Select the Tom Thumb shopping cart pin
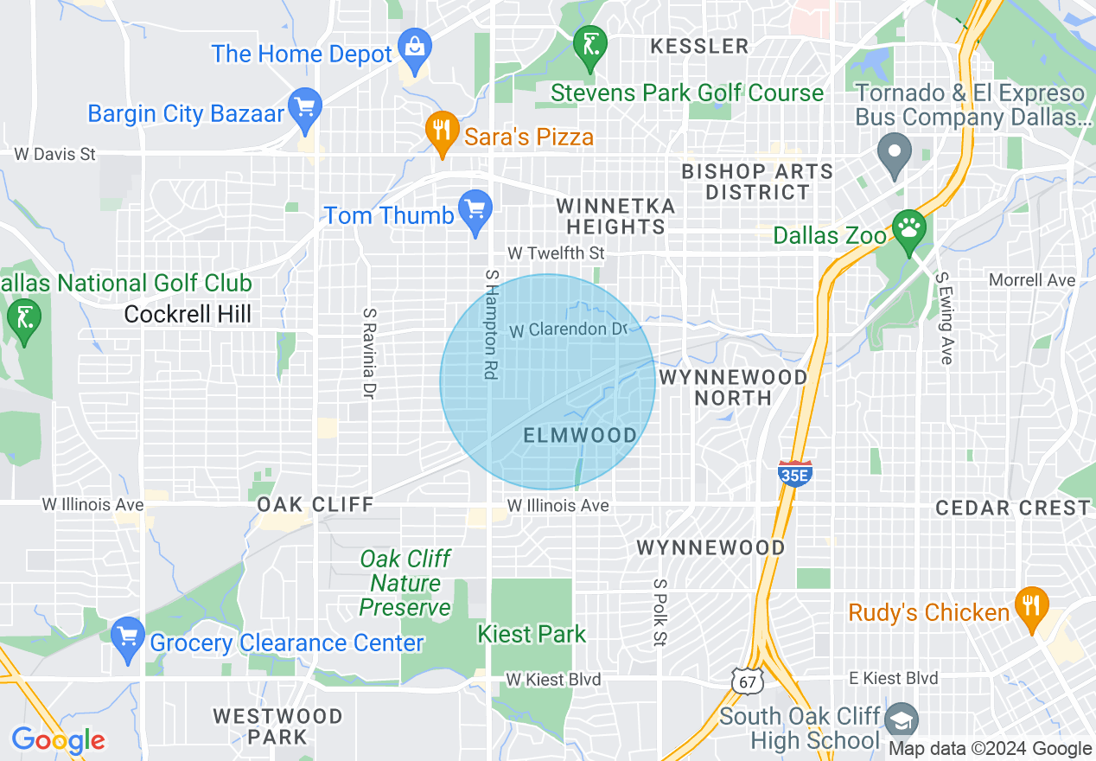(475, 210)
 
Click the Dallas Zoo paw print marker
(908, 229)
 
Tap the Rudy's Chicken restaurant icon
(1030, 605)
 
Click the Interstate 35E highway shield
(794, 473)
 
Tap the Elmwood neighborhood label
(581, 435)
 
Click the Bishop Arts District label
(757, 182)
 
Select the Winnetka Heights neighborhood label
(615, 216)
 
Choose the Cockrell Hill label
(188, 314)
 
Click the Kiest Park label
(532, 634)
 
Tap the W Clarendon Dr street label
(567, 329)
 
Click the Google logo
(58, 740)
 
